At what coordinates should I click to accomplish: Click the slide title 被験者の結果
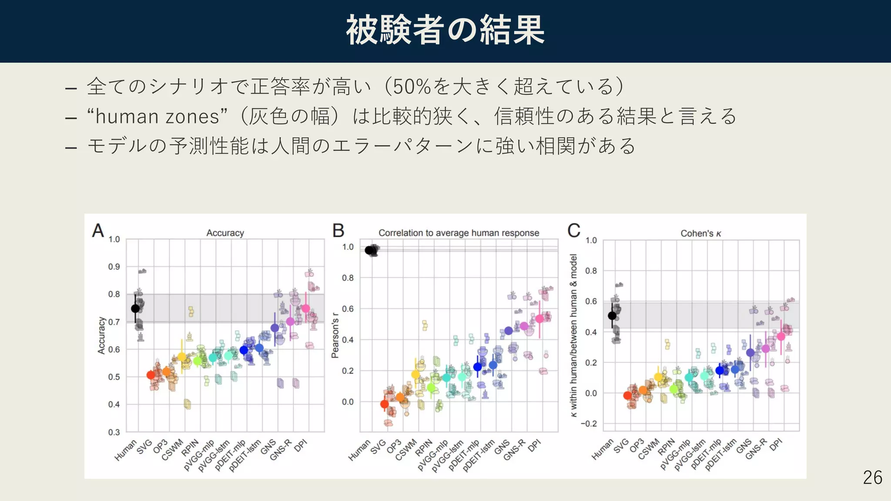(445, 30)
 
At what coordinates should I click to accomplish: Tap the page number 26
(872, 478)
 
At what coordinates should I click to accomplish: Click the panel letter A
(98, 230)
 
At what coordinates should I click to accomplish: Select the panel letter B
(338, 230)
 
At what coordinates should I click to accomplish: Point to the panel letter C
(574, 230)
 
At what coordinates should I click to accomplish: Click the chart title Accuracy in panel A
(225, 233)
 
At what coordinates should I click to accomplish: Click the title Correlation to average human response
(459, 233)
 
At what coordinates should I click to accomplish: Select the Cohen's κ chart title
(700, 234)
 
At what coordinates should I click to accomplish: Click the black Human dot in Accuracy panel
(135, 308)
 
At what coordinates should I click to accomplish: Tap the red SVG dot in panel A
(151, 375)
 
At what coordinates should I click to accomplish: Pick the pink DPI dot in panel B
(539, 319)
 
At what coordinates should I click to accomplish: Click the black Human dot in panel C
(612, 315)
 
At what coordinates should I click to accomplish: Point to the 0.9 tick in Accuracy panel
(114, 267)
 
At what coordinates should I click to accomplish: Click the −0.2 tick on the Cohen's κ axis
(589, 424)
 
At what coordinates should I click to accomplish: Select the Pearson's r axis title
(335, 335)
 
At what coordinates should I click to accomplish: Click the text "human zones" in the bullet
(157, 117)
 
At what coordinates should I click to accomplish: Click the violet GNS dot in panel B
(508, 331)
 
